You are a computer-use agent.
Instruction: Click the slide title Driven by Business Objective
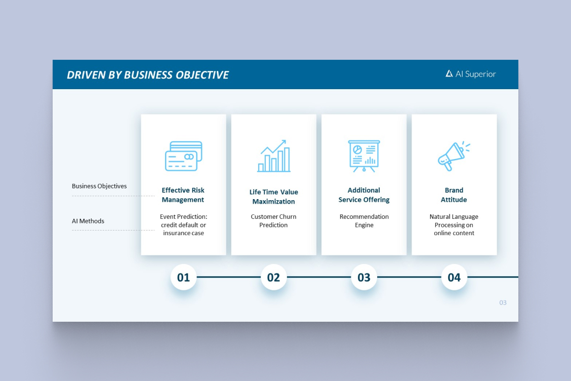(148, 75)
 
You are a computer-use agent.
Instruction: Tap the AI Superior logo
(470, 74)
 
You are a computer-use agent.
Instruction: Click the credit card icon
(184, 156)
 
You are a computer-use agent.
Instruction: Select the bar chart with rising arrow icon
(274, 156)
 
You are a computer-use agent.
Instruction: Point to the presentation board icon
(364, 156)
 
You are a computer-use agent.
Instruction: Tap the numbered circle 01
(184, 277)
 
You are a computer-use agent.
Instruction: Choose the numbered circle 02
(273, 277)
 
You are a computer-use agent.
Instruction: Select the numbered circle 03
(364, 277)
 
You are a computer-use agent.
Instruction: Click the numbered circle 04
(454, 277)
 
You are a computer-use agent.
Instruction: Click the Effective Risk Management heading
(183, 195)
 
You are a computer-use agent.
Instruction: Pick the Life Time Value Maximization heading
(274, 197)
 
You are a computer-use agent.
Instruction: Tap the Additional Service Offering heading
(364, 195)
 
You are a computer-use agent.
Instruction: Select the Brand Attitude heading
(454, 195)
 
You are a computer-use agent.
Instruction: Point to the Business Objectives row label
(99, 186)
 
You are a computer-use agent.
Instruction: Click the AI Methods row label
(88, 221)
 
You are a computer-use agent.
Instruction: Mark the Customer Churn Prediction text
(273, 220)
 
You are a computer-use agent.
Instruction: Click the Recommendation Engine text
(364, 220)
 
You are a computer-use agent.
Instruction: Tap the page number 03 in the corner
(503, 302)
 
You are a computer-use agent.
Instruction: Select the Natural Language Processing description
(454, 225)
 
